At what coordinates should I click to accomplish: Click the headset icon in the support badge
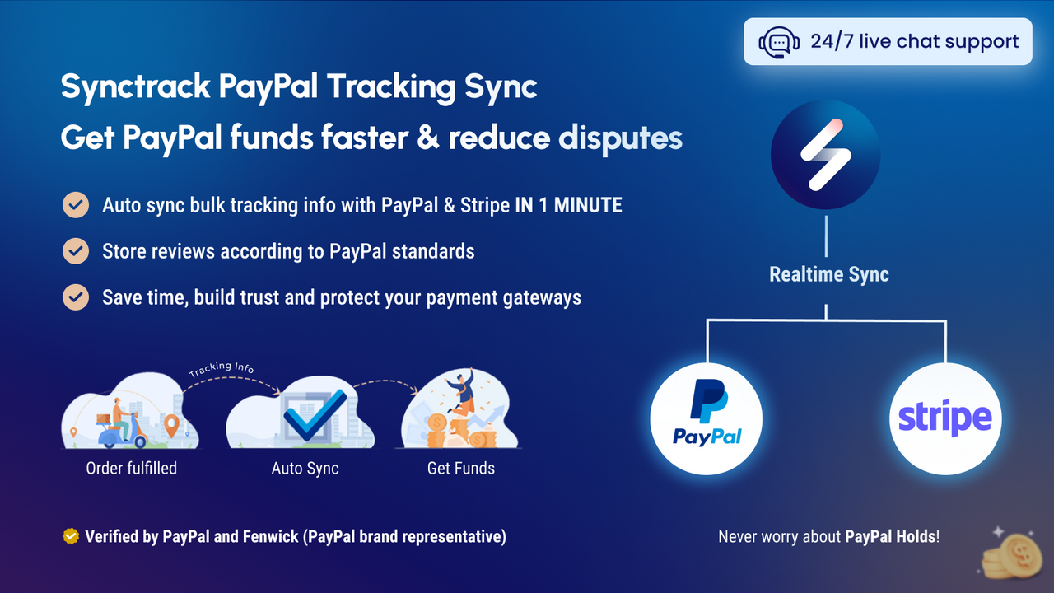coord(777,42)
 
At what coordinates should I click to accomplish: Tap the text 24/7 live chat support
coord(914,41)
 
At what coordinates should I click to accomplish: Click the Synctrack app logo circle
coord(825,154)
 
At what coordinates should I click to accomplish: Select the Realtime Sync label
coord(828,274)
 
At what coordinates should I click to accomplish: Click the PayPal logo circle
coord(707,418)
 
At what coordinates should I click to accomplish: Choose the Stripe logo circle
coord(944,418)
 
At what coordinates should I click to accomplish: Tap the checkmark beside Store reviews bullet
coord(76,250)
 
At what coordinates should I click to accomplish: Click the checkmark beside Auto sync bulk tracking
coord(76,205)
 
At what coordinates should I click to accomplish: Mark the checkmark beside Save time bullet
coord(76,296)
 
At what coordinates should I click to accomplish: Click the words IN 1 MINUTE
coord(568,205)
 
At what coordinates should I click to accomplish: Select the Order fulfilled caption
coord(131,468)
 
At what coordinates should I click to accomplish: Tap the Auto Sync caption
coord(305,468)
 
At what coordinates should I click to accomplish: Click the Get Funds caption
coord(460,468)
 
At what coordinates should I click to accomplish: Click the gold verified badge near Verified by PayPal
coord(71,536)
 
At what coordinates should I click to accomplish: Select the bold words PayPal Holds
coord(890,536)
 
